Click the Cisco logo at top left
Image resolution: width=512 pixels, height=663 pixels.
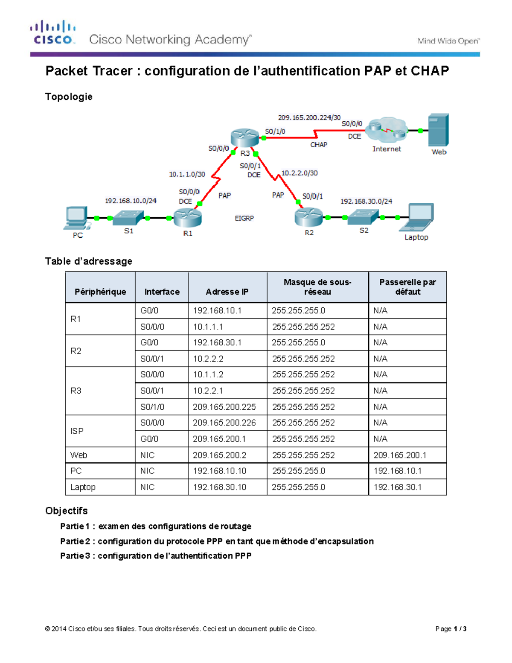click(52, 32)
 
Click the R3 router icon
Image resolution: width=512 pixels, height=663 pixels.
click(244, 137)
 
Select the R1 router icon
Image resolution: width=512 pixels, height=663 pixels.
click(187, 217)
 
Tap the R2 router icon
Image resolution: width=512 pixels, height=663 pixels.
click(308, 217)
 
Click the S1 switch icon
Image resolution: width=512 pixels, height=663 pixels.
click(128, 218)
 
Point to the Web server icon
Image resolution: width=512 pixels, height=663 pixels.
click(438, 130)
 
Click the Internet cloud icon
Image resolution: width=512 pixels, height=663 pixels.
click(387, 130)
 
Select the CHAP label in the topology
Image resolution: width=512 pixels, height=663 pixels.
click(319, 145)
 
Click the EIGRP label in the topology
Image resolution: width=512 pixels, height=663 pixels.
click(244, 218)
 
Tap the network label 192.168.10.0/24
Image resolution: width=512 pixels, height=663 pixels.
click(131, 201)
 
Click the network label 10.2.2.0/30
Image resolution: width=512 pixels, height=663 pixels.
click(300, 173)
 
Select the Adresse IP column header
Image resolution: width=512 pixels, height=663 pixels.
click(227, 292)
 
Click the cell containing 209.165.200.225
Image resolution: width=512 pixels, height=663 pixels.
click(224, 407)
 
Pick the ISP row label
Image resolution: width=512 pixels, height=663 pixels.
click(77, 431)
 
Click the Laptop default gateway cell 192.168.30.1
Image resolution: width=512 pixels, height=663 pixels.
click(398, 487)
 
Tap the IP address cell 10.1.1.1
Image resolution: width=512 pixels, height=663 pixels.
click(208, 327)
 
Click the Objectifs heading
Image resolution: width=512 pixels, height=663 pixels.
click(67, 511)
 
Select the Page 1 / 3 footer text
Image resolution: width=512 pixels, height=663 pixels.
click(451, 628)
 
